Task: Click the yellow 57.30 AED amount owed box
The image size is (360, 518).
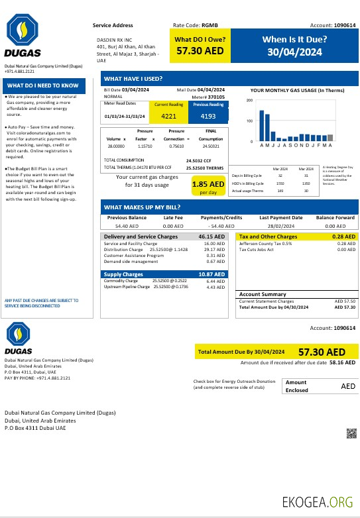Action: [x=200, y=44]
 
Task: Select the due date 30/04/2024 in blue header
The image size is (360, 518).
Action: [x=294, y=52]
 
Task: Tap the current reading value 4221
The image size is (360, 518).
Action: [x=169, y=117]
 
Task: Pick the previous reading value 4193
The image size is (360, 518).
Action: [x=208, y=117]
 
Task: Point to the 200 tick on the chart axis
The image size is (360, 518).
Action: [x=249, y=101]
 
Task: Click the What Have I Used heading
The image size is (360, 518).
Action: [x=133, y=78]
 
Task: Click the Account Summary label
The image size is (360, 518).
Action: [x=263, y=294]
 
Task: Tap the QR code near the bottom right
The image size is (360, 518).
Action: [x=351, y=433]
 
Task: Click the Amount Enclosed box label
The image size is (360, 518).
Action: [x=297, y=386]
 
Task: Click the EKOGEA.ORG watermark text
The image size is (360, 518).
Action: [x=317, y=501]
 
